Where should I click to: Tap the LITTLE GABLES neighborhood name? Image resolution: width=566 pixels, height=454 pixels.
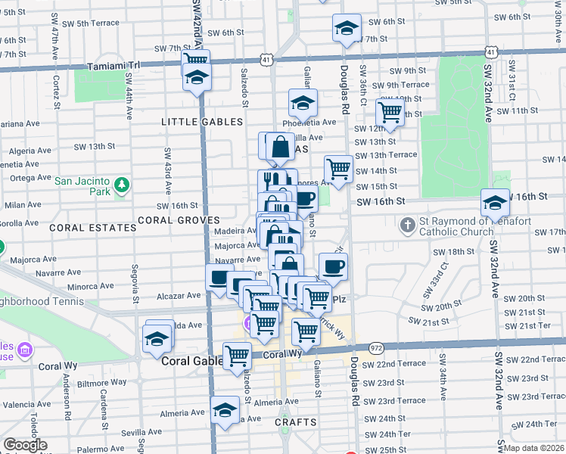point(202,122)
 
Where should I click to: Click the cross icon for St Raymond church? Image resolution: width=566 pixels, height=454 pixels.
point(408,224)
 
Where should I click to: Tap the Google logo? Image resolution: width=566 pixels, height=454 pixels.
point(25,445)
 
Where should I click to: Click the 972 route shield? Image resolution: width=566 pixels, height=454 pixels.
point(376,346)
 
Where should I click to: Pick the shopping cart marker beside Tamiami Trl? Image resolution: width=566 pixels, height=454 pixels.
point(195,60)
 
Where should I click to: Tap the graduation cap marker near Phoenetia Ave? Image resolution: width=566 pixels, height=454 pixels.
point(303,102)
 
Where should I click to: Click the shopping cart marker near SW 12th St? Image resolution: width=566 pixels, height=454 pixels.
point(390,112)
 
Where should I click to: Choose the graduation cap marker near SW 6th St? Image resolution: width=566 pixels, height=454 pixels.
point(346,28)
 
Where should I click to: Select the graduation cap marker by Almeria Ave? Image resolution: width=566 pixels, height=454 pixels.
point(225,410)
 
